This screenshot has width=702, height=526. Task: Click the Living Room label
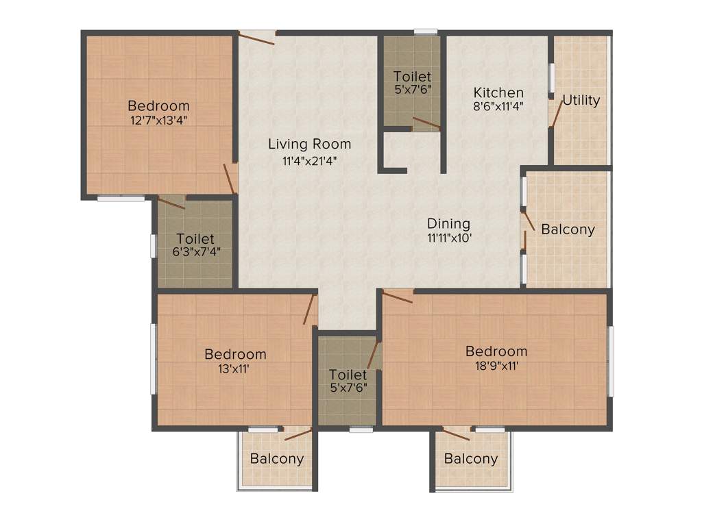(x=309, y=144)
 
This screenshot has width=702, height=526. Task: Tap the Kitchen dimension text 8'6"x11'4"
(x=499, y=108)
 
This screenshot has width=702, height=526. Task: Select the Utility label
(x=581, y=101)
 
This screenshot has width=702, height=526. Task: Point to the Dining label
(x=448, y=223)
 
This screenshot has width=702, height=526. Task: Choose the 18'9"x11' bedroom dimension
(x=496, y=366)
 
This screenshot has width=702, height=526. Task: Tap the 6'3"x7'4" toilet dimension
(x=195, y=253)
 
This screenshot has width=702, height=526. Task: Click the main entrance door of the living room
(x=257, y=37)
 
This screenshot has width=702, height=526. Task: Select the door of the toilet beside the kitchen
(x=426, y=123)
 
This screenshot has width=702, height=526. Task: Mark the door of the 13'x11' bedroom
(x=311, y=310)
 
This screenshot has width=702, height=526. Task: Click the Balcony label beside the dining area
(x=568, y=229)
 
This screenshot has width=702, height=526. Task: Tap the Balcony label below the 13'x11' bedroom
(x=276, y=459)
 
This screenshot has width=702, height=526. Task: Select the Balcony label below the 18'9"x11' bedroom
(x=470, y=459)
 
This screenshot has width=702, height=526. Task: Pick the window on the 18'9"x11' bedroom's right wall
(x=611, y=360)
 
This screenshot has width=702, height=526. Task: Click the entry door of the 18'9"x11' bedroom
(x=398, y=297)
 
